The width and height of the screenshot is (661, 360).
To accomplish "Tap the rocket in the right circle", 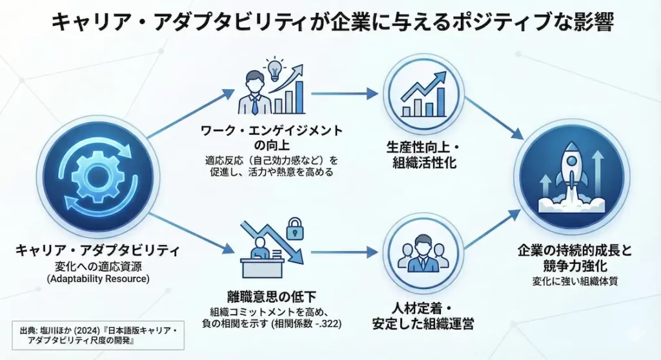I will click(x=571, y=175).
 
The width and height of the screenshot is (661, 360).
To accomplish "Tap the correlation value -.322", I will click(x=327, y=323).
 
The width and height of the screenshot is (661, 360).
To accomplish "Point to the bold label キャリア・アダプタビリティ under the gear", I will click(x=97, y=250).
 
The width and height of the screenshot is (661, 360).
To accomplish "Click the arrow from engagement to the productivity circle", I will click(x=344, y=94).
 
